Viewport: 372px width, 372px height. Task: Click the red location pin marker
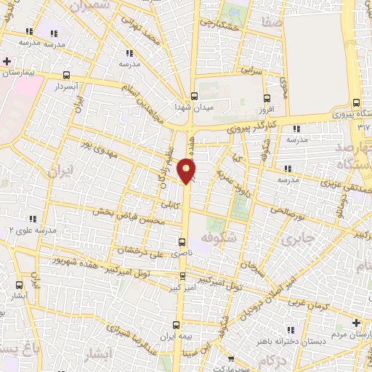point(187,171)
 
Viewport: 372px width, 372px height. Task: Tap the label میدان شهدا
point(192,107)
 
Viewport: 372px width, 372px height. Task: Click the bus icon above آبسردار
point(67,75)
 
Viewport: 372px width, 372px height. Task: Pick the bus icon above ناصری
point(181,243)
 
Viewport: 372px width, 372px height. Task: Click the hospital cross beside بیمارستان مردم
point(355,323)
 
